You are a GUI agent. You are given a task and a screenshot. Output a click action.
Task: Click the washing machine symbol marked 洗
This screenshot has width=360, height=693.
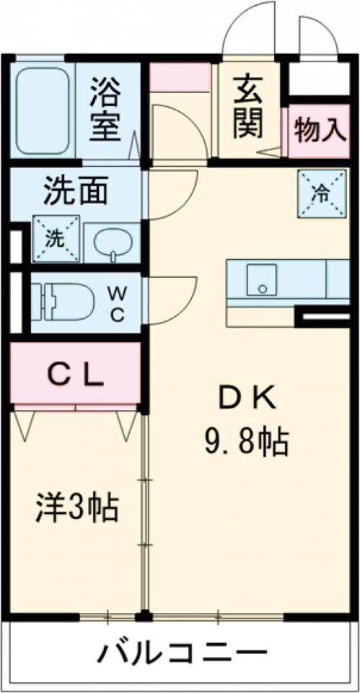tap(56, 239)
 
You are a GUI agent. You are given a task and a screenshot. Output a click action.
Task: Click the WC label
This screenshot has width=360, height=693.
tap(118, 303)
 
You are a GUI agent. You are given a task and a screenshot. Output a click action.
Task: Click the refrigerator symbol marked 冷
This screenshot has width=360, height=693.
tap(319, 191)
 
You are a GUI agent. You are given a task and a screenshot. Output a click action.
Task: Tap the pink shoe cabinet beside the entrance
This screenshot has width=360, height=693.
tap(180, 78)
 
